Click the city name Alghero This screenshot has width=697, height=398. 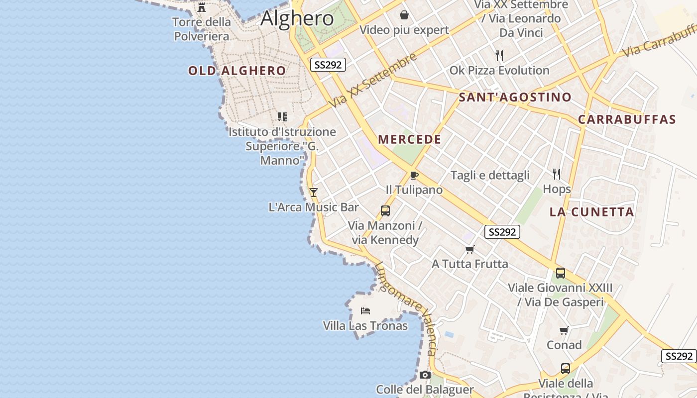tap(297, 18)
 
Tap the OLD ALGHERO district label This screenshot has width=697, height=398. tap(237, 71)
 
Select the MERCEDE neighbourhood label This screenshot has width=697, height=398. tap(410, 139)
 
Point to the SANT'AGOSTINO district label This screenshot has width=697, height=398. tap(515, 97)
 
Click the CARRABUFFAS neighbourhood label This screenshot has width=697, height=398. tap(627, 119)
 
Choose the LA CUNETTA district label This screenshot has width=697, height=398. tap(591, 212)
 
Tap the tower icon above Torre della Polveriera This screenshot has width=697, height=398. tap(202, 7)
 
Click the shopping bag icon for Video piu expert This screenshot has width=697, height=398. tap(404, 15)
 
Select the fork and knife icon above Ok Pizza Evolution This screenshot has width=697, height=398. tap(499, 55)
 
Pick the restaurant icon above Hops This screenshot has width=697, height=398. tap(557, 174)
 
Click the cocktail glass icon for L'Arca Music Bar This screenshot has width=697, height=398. tap(314, 192)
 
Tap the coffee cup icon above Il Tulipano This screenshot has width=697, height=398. tap(414, 175)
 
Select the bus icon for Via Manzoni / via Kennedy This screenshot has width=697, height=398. tap(385, 210)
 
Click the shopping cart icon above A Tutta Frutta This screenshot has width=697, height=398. tap(469, 249)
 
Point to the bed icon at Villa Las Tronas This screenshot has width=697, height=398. tap(365, 311)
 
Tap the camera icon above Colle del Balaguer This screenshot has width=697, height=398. tap(425, 375)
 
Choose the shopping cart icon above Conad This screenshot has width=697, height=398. tap(564, 330)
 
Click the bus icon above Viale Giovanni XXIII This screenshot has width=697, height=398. tap(561, 273)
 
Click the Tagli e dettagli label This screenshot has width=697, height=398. tap(490, 175)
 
